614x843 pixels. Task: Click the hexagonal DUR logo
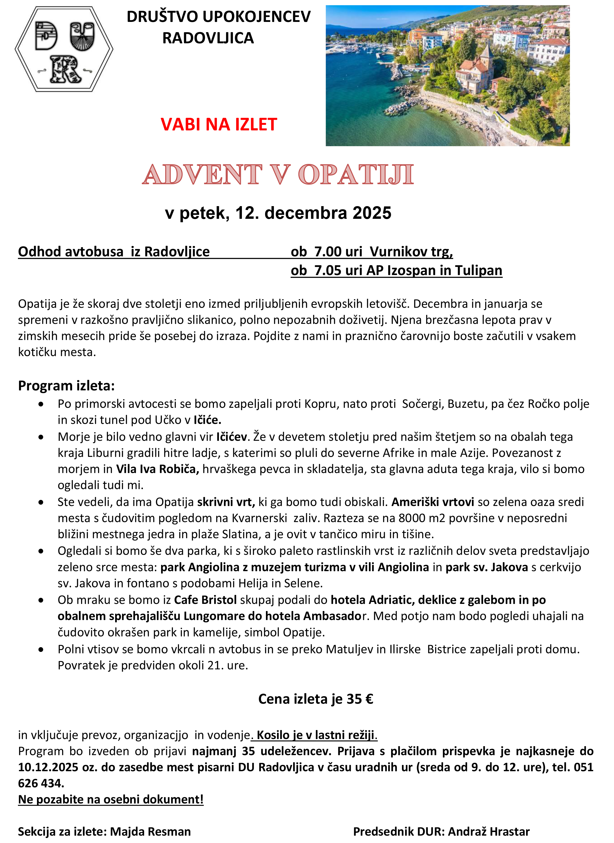(x=64, y=49)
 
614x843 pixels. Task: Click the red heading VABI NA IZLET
(x=219, y=125)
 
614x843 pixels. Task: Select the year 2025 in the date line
(x=372, y=213)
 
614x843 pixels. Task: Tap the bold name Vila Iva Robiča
(x=158, y=469)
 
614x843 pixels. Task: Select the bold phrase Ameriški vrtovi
(x=433, y=502)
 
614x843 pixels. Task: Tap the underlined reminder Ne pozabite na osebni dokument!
(x=111, y=799)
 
